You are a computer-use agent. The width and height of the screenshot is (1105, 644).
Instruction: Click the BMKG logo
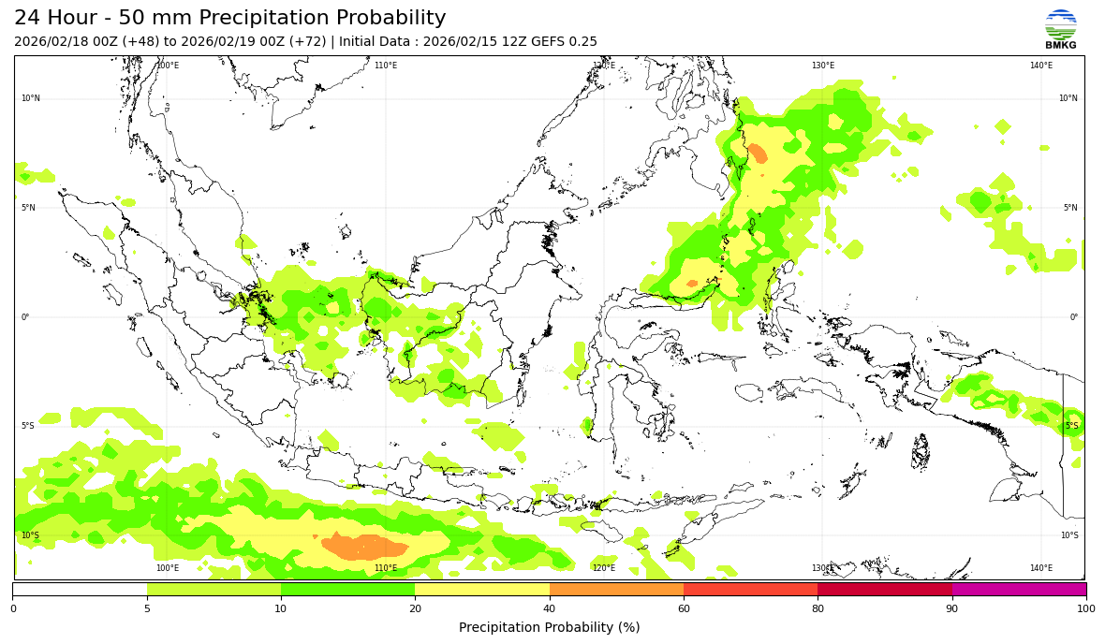(1061, 29)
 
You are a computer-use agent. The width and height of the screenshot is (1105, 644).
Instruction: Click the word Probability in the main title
(385, 19)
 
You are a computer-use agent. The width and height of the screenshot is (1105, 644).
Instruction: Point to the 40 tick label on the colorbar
(550, 609)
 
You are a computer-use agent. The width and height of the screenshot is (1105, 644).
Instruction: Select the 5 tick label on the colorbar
(147, 609)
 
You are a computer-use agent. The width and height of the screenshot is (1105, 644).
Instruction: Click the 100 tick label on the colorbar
(1086, 609)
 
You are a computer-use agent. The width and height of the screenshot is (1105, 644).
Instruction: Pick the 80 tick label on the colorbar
(818, 609)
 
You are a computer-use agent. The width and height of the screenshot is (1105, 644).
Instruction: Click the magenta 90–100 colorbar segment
(1019, 590)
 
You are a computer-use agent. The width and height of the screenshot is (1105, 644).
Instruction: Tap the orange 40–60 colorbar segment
(616, 590)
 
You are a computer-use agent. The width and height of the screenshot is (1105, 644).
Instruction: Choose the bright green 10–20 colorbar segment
(347, 590)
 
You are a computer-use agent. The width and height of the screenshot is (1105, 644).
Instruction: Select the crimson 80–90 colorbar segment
(885, 590)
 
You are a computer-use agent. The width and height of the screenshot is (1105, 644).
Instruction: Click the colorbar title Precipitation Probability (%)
(550, 627)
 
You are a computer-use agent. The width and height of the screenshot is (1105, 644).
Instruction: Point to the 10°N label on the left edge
(31, 98)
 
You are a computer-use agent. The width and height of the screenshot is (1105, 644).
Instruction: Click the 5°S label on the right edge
(1071, 426)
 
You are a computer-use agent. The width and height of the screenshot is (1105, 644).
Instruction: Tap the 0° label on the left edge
(25, 317)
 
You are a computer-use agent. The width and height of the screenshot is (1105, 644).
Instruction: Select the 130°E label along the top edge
(823, 66)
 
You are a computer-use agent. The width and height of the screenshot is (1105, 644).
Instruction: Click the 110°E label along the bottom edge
(386, 568)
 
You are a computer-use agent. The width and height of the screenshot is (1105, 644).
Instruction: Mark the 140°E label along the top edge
(1041, 66)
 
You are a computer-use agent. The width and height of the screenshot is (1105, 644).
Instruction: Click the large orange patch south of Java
(365, 547)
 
